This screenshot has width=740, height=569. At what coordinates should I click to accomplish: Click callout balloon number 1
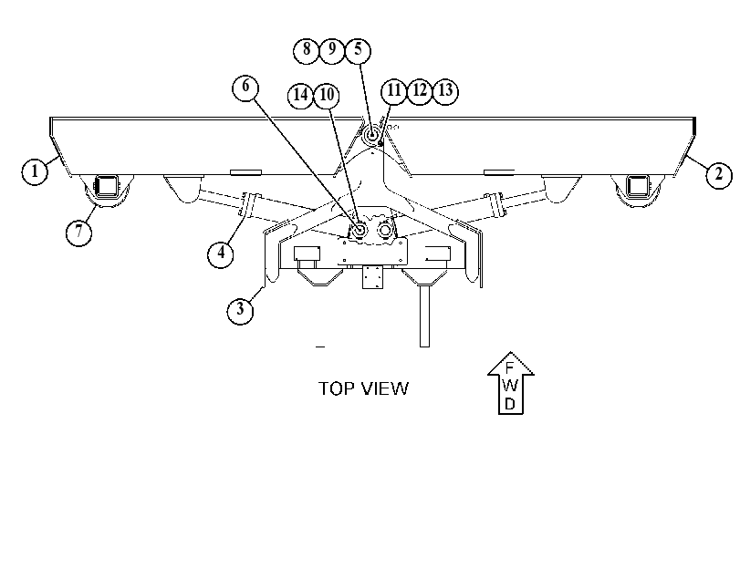pyautogui.click(x=35, y=171)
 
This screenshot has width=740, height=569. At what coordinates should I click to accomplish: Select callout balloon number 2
pyautogui.click(x=719, y=174)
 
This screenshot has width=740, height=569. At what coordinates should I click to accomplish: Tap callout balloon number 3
pyautogui.click(x=240, y=309)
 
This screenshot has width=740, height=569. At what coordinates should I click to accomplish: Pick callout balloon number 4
pyautogui.click(x=221, y=253)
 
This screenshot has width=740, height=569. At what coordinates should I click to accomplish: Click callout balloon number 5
pyautogui.click(x=358, y=49)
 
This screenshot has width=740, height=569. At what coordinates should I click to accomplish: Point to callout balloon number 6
pyautogui.click(x=245, y=87)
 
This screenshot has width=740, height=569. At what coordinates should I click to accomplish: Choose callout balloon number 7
pyautogui.click(x=78, y=233)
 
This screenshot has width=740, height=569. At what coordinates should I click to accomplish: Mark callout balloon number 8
pyautogui.click(x=307, y=49)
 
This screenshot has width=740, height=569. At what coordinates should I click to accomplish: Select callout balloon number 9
pyautogui.click(x=332, y=49)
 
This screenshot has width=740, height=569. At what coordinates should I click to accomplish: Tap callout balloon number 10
pyautogui.click(x=327, y=96)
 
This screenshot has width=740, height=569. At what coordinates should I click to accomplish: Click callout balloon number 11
pyautogui.click(x=393, y=90)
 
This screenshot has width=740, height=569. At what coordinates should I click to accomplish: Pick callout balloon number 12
pyautogui.click(x=420, y=90)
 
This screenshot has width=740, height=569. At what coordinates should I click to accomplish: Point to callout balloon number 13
pyautogui.click(x=445, y=90)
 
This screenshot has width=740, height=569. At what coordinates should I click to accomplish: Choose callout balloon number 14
pyautogui.click(x=300, y=96)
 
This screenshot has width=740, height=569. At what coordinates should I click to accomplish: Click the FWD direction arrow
pyautogui.click(x=511, y=383)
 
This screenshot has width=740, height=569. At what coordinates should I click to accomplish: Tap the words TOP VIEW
pyautogui.click(x=363, y=388)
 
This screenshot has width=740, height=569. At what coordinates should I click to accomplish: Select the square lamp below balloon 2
pyautogui.click(x=638, y=185)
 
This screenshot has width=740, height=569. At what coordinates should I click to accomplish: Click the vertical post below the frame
pyautogui.click(x=424, y=316)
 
